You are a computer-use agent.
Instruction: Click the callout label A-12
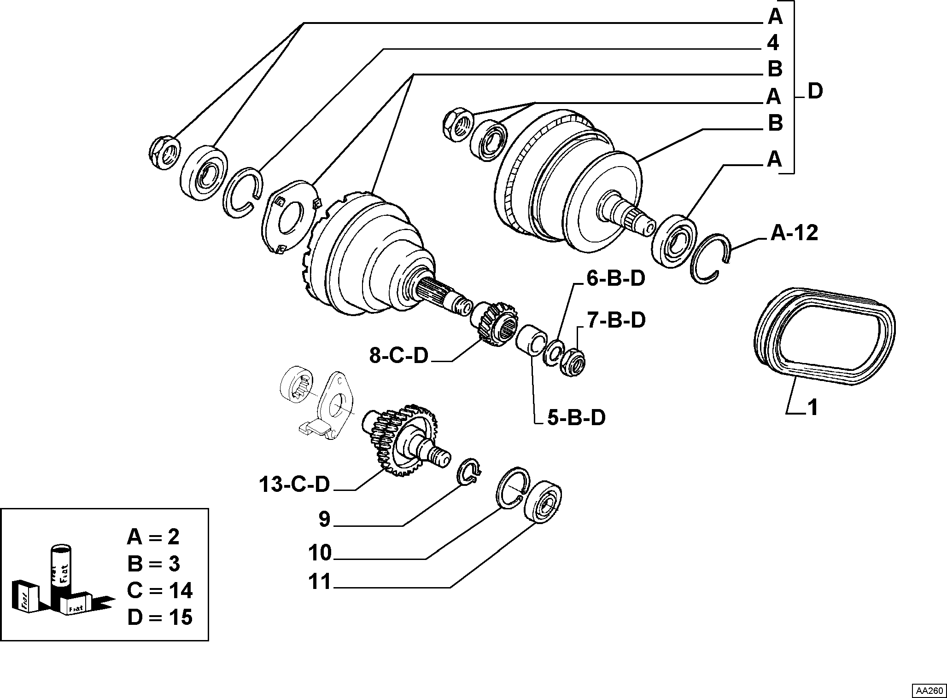pos(795,233)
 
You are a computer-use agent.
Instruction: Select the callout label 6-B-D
pos(615,278)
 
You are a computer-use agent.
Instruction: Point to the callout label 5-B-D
pos(576,418)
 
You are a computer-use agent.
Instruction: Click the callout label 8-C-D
pos(399,356)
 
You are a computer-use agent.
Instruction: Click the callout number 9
pos(325,519)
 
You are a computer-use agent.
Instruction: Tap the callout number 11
pos(320,582)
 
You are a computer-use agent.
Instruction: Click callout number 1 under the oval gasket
pos(813,408)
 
